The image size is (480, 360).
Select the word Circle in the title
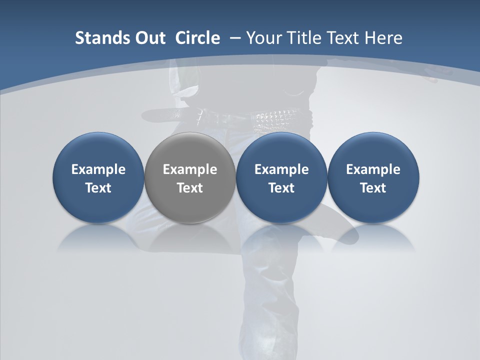(197, 38)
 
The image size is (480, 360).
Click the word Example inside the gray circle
(190, 169)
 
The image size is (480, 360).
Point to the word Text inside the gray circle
(190, 188)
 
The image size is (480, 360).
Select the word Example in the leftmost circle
(98, 169)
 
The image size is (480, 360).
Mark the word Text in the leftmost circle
(98, 188)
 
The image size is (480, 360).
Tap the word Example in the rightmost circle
(373, 169)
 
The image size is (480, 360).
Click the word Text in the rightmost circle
(373, 188)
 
